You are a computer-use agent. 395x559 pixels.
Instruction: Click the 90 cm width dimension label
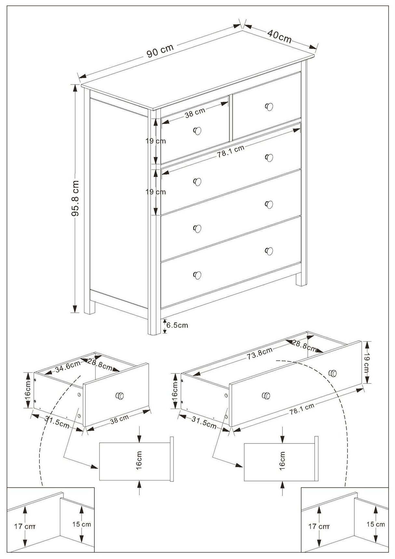click(x=160, y=50)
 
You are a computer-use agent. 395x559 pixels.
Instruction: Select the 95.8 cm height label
click(x=75, y=199)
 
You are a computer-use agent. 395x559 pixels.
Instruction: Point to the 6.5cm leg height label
click(x=177, y=325)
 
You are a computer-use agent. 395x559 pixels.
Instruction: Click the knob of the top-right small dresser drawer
click(x=269, y=106)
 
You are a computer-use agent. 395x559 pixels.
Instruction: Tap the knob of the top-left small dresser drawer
click(x=197, y=131)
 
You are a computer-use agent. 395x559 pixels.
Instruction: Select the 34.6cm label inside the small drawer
click(x=67, y=367)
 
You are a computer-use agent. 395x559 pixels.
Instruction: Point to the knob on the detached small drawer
click(x=120, y=396)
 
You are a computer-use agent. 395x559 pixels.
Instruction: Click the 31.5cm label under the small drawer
click(x=57, y=422)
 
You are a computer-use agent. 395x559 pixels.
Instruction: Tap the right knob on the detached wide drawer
click(x=333, y=373)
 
